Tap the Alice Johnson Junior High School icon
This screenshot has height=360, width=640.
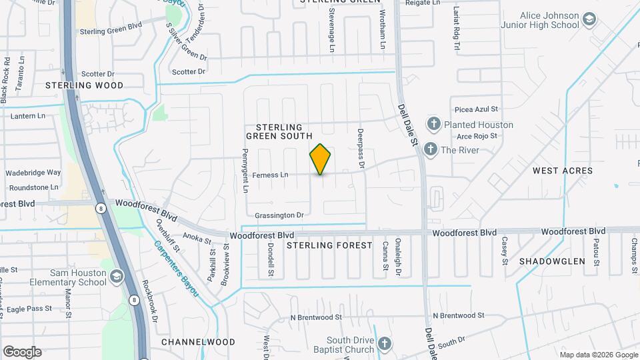(589, 19)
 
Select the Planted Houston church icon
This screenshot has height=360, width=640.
(434, 124)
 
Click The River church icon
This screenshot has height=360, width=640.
(431, 149)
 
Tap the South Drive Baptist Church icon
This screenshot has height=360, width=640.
(383, 344)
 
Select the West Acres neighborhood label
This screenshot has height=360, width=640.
(563, 171)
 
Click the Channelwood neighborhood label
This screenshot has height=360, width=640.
(198, 342)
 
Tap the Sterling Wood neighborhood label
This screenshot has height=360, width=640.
(84, 85)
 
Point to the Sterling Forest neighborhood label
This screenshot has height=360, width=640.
(329, 245)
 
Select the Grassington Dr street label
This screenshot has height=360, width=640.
(279, 215)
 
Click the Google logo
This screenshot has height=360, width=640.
(22, 352)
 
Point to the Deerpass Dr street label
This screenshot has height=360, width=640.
(361, 147)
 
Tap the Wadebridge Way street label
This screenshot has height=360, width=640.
(33, 173)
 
